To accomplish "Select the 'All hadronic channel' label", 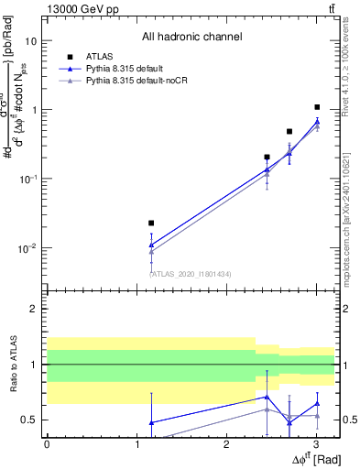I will [x=191, y=37].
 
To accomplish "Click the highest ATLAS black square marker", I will [x=317, y=107].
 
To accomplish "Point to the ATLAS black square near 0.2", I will [x=267, y=157].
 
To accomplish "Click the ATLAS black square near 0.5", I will [x=289, y=131].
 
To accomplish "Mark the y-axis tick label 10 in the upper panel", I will [x=31, y=41].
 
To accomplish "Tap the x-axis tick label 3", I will [x=315, y=445].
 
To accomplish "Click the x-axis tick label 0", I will [x=47, y=445].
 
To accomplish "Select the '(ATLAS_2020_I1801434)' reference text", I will [x=191, y=274].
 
